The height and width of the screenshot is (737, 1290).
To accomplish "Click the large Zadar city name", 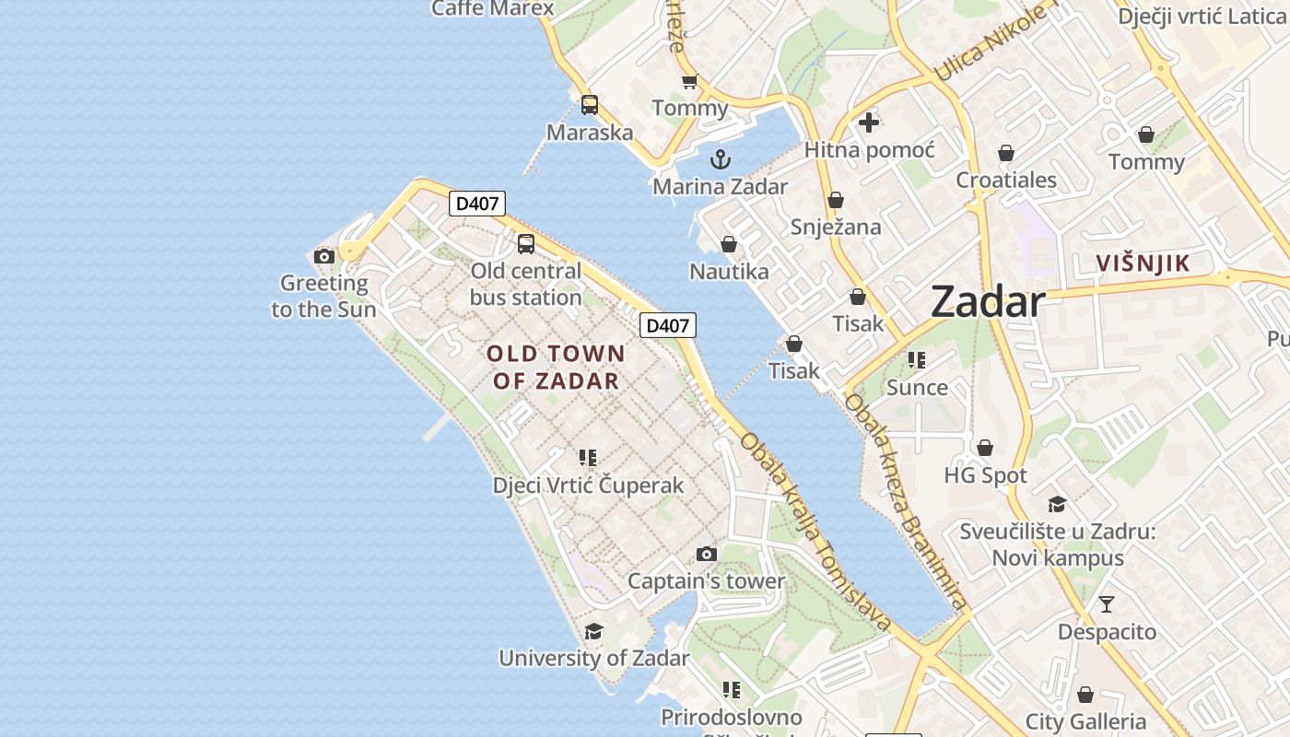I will click(988, 301).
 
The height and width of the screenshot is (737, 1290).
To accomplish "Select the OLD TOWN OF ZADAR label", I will click(556, 367).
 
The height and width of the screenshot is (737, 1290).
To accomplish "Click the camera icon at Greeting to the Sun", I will click(323, 256).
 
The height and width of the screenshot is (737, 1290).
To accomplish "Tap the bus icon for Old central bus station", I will click(526, 244).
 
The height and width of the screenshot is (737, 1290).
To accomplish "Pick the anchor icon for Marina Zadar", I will click(721, 159).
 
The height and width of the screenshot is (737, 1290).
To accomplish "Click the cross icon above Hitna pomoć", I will click(868, 122).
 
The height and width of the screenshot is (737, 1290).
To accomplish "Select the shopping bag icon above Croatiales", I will click(1006, 153).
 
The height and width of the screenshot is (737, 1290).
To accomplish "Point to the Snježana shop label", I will click(836, 227).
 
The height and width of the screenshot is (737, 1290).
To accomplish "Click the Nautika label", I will click(729, 271).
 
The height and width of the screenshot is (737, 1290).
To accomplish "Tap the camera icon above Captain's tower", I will click(707, 554).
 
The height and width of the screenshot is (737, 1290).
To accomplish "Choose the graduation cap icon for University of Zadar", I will click(594, 631).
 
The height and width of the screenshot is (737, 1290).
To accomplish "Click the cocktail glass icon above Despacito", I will click(1107, 604).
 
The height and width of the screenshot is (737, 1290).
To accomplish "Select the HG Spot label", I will click(985, 475).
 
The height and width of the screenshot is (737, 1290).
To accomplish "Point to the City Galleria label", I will click(1085, 721).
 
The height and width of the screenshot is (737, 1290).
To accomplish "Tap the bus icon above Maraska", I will click(590, 105).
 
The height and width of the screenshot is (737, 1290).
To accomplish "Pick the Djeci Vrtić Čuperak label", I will click(588, 485).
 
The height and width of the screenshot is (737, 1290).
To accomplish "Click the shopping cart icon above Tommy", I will click(689, 82).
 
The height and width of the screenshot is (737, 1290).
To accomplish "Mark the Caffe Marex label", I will click(493, 8).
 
